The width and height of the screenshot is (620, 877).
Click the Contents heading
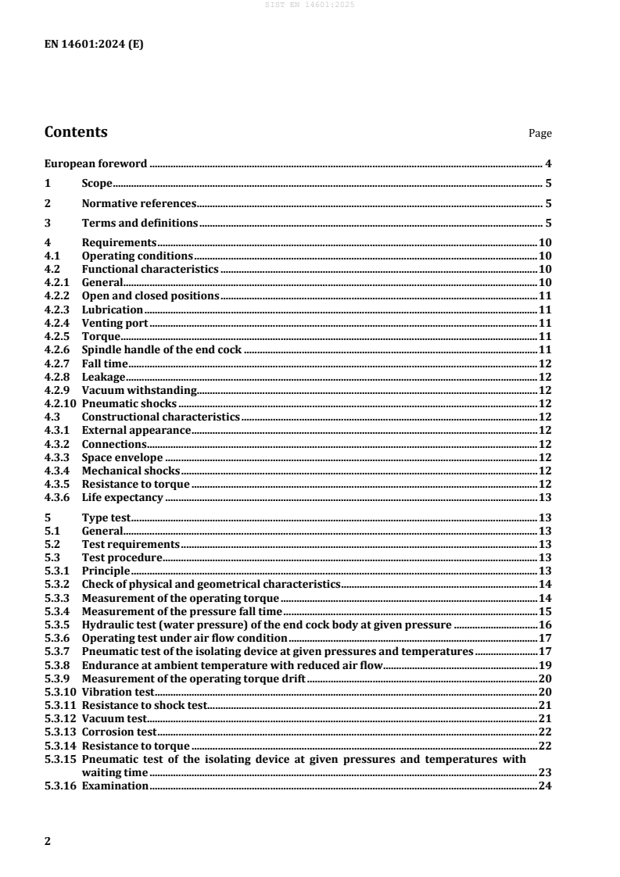point(76,132)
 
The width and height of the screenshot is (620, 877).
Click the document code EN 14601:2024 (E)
point(94,45)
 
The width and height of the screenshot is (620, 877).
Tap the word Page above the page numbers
point(540,134)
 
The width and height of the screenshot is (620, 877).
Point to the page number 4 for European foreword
point(549,164)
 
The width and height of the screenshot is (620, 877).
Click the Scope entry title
point(97,184)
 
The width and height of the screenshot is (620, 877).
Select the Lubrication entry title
point(113,310)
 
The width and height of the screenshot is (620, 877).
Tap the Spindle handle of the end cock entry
point(162,349)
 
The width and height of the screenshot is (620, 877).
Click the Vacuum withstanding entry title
point(139,389)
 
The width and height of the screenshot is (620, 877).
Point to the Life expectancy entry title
point(122,497)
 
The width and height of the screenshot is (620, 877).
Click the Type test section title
point(106,517)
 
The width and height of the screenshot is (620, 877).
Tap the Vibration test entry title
point(119,692)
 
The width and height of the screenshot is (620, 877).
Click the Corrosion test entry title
point(120,732)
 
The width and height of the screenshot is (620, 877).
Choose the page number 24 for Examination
point(546,786)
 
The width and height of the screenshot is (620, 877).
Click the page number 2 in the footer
point(48,841)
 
